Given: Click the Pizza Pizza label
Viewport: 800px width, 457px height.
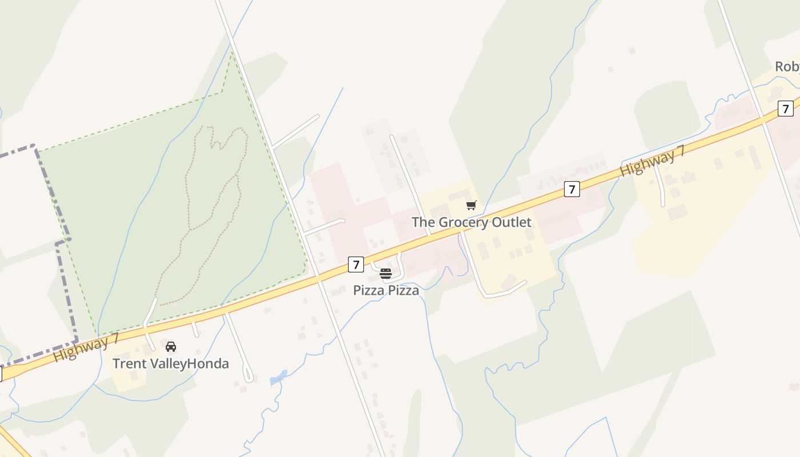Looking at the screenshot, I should (386, 290).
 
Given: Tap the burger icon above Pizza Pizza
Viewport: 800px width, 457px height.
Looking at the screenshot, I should (386, 274).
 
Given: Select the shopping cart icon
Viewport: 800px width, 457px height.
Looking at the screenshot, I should (471, 206).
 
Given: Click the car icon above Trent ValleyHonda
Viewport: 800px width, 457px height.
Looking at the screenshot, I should (170, 346).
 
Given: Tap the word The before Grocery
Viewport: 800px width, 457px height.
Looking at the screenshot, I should (423, 222).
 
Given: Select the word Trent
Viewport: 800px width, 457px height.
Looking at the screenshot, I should (129, 363).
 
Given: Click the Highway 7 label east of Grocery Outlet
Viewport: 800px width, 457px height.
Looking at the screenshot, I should (651, 160).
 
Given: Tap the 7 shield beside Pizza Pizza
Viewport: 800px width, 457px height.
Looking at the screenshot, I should (356, 264).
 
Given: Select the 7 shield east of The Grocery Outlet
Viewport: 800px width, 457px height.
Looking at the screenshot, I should (571, 189).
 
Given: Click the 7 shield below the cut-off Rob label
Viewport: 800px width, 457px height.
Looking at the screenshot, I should (786, 108).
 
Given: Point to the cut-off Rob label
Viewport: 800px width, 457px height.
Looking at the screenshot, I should (787, 67).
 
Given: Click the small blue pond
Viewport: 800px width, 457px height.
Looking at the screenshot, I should (278, 378).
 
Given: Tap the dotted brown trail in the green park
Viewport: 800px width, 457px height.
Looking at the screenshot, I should (187, 189).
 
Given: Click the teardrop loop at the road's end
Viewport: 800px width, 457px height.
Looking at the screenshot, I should (249, 375).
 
